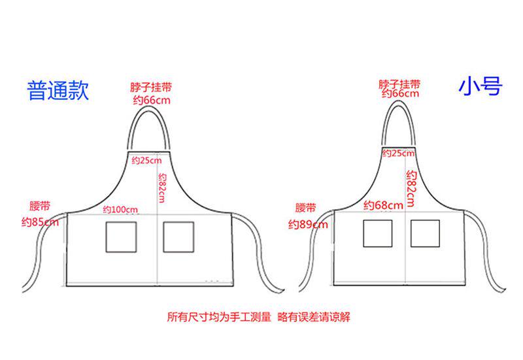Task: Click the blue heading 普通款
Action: click(58, 90)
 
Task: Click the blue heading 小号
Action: click(480, 86)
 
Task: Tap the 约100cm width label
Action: click(121, 210)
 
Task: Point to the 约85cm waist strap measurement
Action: click(40, 222)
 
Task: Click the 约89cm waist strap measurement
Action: click(308, 225)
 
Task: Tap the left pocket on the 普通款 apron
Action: click(122, 237)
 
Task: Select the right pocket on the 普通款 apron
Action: click(178, 237)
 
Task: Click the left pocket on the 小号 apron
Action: click(378, 233)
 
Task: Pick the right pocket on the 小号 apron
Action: click(425, 233)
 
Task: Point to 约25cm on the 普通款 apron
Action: click(146, 160)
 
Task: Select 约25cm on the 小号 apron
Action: click(398, 154)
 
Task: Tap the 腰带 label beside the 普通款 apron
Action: click(40, 206)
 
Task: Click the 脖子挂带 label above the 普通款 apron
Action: click(154, 88)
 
